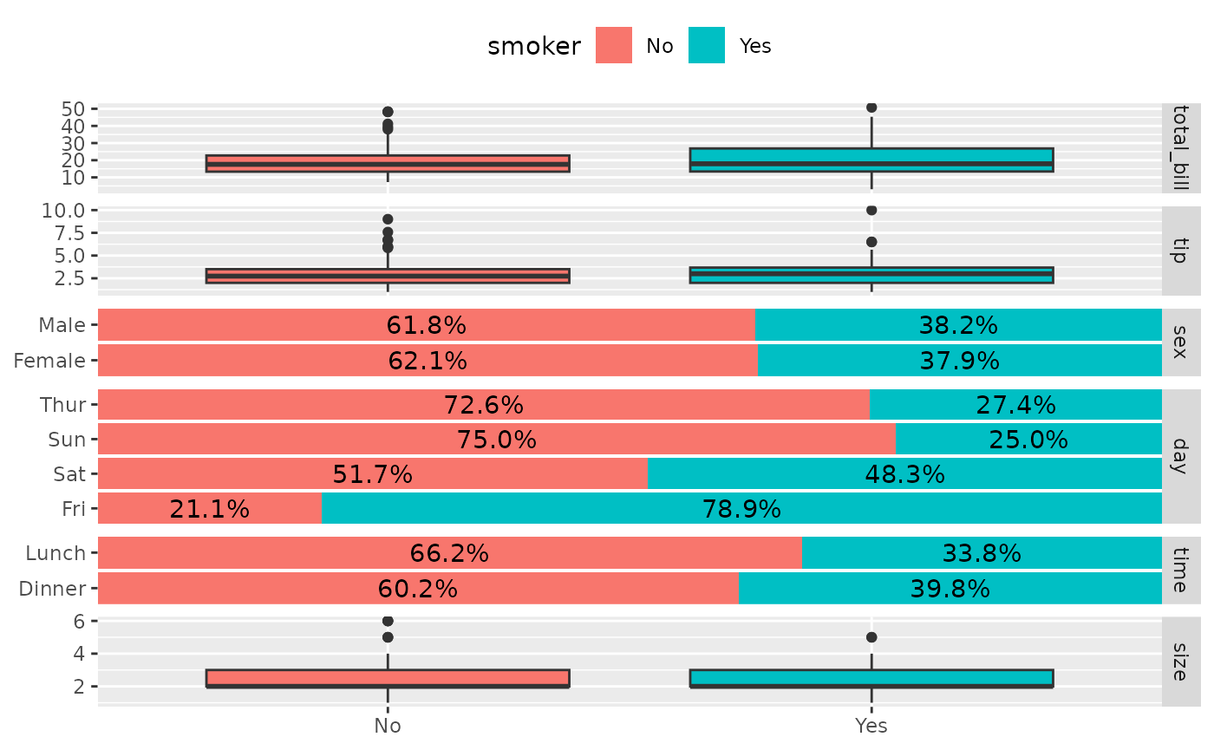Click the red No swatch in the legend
pyautogui.click(x=614, y=46)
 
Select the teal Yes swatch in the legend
pyautogui.click(x=707, y=46)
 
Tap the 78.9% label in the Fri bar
pyautogui.click(x=741, y=509)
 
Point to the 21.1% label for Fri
pyautogui.click(x=210, y=509)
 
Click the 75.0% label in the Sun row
pyautogui.click(x=497, y=440)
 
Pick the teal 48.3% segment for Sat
pyautogui.click(x=904, y=474)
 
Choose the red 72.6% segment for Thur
pyautogui.click(x=484, y=405)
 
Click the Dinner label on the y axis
pyautogui.click(x=52, y=589)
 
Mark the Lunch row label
pyautogui.click(x=55, y=553)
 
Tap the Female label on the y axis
pyautogui.click(x=49, y=361)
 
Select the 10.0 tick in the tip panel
pyautogui.click(x=67, y=210)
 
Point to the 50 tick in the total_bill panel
pyautogui.click(x=74, y=109)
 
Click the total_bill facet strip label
pyautogui.click(x=1180, y=147)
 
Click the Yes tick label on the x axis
pyautogui.click(x=871, y=726)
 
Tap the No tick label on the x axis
pyautogui.click(x=388, y=726)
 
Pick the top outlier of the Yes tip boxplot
pyautogui.click(x=871, y=210)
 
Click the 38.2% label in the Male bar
pyautogui.click(x=958, y=326)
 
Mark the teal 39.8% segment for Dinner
pyautogui.click(x=950, y=589)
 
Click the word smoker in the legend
pyautogui.click(x=534, y=47)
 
